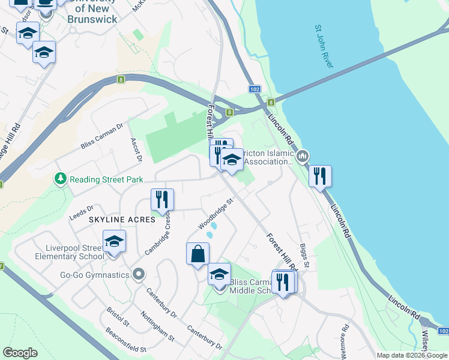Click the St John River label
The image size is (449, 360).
coord(324,46)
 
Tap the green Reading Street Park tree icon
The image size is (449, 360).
coord(61,179)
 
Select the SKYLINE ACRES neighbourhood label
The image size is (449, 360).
coord(122,220)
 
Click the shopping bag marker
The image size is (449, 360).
coord(197,254)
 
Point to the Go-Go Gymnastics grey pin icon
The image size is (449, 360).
coord(139,275)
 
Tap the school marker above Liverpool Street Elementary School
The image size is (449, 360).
coord(114,242)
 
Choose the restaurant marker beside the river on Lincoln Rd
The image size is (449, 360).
coord(320,176)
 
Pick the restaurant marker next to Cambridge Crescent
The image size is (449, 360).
coord(161,199)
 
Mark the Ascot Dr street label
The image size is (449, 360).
coord(136,150)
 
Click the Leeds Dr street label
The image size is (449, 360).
coord(82,212)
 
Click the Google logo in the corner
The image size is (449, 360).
coord(20,353)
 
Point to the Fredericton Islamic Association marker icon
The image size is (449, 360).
coord(303,157)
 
